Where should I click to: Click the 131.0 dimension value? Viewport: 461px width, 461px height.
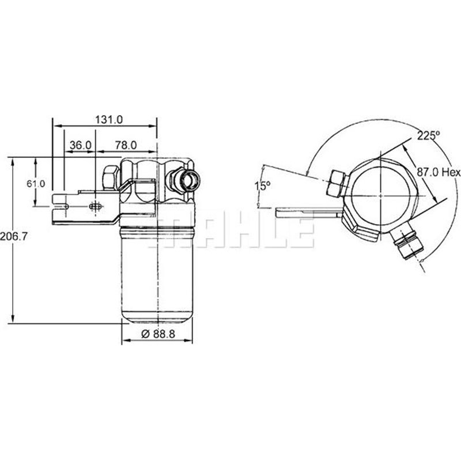click(x=109, y=120)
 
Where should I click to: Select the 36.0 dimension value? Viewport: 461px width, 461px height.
click(x=80, y=145)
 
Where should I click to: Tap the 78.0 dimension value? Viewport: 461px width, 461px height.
click(x=125, y=145)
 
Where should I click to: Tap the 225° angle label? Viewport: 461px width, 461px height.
click(x=428, y=135)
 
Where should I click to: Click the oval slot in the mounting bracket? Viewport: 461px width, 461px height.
click(x=96, y=205)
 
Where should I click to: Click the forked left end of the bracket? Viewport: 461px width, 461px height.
click(x=59, y=200)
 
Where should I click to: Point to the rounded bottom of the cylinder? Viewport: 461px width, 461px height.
click(x=156, y=319)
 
